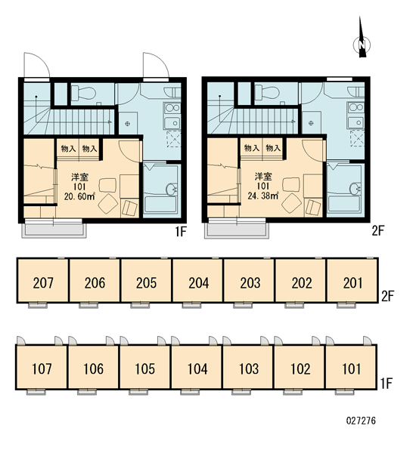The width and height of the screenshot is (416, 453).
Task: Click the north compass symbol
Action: coord(362,45)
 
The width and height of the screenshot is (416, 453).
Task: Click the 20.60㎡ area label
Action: coord(79,197)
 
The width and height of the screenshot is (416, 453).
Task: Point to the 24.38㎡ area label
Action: coord(263,196)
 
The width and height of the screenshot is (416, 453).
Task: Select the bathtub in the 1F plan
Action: coord(161,205)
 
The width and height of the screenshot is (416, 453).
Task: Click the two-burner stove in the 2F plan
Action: coord(355,107)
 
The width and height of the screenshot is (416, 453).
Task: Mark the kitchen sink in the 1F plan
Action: coord(172,123)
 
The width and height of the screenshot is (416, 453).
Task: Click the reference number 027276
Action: coord(361,421)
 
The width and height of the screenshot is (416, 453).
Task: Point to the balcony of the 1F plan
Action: coord(54,230)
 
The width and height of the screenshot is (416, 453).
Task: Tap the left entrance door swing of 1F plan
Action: coord(37,65)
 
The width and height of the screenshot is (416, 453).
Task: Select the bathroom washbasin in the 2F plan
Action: coord(355,189)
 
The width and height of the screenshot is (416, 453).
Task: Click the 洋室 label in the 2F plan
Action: coord(263,176)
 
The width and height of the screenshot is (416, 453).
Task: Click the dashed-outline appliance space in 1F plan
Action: coord(173,139)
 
